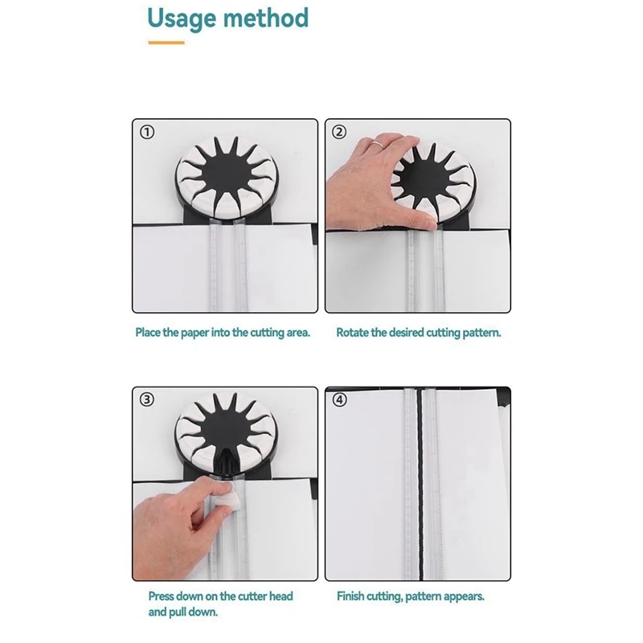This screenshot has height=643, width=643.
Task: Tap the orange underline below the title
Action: tap(166, 42)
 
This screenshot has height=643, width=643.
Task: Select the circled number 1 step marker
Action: tap(146, 133)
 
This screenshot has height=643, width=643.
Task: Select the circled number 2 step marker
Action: tap(339, 133)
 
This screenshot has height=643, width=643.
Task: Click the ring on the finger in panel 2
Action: tap(375, 143)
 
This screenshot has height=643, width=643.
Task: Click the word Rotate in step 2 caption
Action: tap(352, 332)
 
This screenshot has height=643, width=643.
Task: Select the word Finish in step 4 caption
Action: tap(352, 596)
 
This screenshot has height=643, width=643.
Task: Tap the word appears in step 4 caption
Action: tap(465, 596)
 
